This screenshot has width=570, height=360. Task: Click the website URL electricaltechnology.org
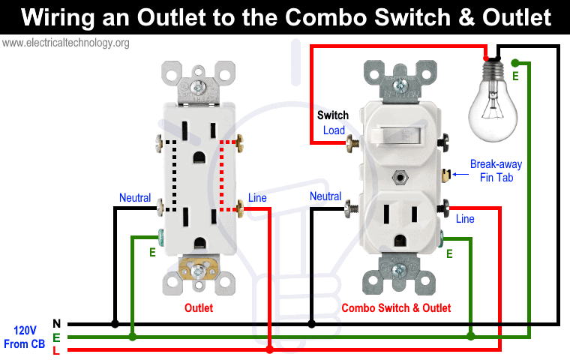click(65, 43)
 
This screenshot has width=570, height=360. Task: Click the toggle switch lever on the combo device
click(399, 136)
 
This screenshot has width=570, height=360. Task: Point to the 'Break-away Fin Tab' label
click(496, 170)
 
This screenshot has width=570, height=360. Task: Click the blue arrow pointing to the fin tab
click(460, 174)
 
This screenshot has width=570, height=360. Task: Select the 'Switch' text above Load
click(332, 115)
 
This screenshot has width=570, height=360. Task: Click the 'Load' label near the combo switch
click(334, 130)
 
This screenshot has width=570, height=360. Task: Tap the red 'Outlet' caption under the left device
click(199, 308)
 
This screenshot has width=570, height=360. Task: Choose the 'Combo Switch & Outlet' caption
click(396, 308)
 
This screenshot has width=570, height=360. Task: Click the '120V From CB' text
click(24, 337)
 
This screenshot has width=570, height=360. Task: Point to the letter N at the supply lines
click(57, 323)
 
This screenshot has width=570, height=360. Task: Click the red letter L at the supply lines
click(56, 351)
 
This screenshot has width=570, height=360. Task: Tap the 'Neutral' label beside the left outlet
click(135, 198)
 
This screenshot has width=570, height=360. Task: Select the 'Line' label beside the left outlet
click(257, 198)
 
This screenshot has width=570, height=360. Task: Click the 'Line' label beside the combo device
click(465, 219)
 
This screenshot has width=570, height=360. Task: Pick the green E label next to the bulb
click(515, 76)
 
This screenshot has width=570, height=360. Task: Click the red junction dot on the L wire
click(269, 349)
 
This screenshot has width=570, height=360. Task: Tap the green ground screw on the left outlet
click(160, 238)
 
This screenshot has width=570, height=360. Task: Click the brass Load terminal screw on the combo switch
click(352, 143)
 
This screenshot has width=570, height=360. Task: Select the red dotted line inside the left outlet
click(222, 175)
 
